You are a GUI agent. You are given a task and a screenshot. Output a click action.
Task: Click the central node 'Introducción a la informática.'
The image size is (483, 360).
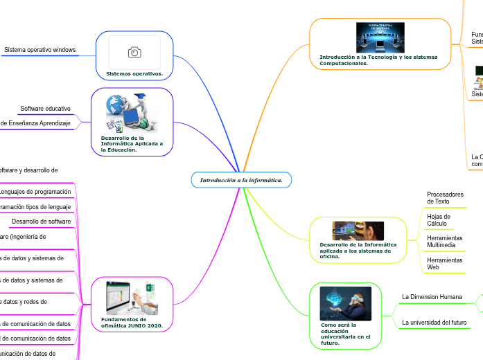241,180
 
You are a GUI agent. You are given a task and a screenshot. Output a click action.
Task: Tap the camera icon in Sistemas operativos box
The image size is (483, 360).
134,53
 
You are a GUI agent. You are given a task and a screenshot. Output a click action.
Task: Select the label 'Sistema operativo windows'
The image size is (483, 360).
40,50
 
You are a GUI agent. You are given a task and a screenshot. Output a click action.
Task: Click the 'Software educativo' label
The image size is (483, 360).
45,109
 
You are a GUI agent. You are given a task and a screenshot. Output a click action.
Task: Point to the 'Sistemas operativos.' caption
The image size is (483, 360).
134,73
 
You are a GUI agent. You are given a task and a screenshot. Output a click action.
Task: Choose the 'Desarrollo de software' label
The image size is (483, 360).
42,221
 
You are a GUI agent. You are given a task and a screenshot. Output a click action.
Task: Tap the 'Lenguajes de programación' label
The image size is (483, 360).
35,192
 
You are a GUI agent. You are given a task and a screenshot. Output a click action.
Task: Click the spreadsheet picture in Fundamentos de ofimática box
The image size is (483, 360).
132,298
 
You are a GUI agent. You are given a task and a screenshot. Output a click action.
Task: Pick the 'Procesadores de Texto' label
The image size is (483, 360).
445,198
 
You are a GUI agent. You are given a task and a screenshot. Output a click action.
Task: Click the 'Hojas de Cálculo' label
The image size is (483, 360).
438,219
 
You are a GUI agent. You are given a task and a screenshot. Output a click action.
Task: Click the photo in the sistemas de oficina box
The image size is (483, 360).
358,231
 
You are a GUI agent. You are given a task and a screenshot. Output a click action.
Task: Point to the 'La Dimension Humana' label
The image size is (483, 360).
432,297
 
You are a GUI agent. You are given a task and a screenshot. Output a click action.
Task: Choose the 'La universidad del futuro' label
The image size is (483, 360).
434,323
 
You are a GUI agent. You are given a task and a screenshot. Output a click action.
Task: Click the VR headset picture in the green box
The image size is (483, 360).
345,303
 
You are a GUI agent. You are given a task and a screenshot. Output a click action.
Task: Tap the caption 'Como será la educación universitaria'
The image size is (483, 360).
338,334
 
